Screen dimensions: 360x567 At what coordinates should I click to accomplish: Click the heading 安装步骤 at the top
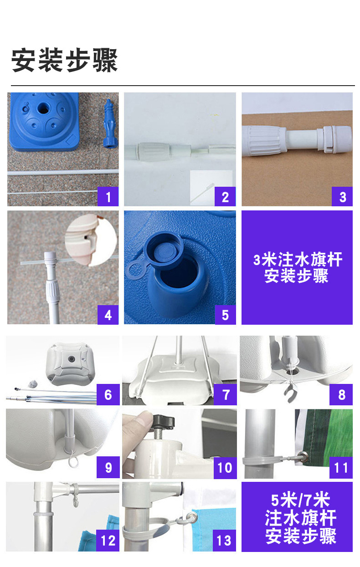coord(64,60)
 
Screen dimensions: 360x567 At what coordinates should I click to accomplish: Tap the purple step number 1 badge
coord(108,196)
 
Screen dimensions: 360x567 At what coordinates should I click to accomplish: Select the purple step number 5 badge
coord(225,315)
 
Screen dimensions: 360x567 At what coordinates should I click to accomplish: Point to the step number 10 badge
coord(225,467)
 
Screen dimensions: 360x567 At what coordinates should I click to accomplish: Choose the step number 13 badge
coord(224,541)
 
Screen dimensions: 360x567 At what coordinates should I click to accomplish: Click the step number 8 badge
coord(341,394)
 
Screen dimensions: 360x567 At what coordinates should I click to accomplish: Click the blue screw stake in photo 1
coord(110,123)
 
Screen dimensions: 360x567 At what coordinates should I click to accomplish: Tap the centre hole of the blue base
coord(44,108)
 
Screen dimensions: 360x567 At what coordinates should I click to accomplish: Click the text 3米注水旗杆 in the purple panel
coord(298,259)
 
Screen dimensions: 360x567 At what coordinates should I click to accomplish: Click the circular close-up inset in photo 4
coord(91,240)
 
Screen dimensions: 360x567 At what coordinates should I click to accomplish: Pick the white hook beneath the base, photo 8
coord(291,392)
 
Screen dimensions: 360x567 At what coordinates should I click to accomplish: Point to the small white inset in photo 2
coord(211,188)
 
